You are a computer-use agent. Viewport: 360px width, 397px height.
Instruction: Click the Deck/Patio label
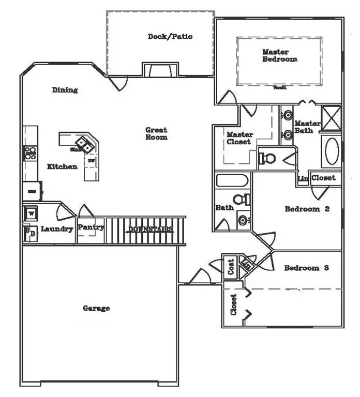(170, 37)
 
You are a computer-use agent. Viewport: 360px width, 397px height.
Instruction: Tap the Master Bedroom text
(279, 55)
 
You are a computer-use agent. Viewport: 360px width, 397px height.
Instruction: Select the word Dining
(65, 90)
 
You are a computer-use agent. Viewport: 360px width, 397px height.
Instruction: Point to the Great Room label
(156, 134)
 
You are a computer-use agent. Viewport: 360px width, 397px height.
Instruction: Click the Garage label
(96, 309)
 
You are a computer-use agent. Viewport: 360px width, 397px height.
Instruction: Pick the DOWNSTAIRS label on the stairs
(150, 229)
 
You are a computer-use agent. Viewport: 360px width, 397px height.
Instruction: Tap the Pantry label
(91, 227)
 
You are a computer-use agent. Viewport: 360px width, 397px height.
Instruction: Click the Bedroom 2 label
(307, 209)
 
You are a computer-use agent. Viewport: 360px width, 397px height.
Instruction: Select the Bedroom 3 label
(306, 268)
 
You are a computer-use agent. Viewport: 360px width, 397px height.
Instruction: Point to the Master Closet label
(239, 138)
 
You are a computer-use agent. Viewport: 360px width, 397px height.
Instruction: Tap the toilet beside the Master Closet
(268, 158)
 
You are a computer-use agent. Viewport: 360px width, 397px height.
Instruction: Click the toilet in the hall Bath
(239, 200)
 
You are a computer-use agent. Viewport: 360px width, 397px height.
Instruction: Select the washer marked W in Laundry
(31, 213)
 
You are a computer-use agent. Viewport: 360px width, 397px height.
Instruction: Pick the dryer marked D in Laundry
(30, 234)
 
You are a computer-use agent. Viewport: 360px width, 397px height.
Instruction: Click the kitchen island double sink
(85, 145)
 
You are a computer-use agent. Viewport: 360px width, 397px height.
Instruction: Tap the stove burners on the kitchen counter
(29, 152)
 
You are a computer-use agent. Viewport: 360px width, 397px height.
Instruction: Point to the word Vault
(280, 88)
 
